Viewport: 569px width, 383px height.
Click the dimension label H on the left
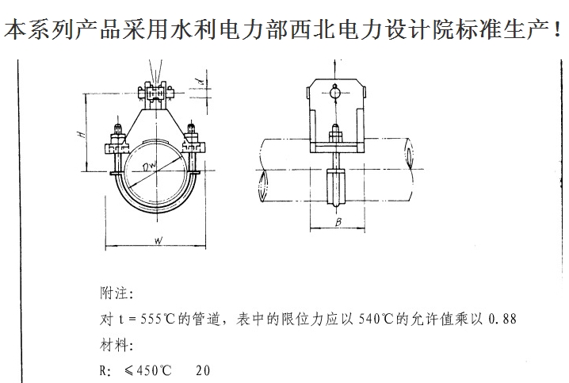pyautogui.click(x=82, y=134)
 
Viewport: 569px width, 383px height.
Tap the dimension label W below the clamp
pyautogui.click(x=158, y=240)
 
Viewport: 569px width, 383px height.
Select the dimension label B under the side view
pyautogui.click(x=338, y=222)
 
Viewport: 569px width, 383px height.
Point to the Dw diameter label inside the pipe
pyautogui.click(x=149, y=167)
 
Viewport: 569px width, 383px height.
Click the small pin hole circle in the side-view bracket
pyautogui.click(x=335, y=93)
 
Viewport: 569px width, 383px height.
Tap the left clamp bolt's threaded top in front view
pyautogui.click(x=118, y=129)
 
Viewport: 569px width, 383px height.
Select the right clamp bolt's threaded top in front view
pyautogui.click(x=191, y=129)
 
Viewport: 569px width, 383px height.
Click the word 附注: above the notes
pyautogui.click(x=116, y=293)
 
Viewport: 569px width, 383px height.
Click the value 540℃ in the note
pyautogui.click(x=376, y=319)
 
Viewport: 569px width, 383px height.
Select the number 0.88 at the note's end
pyautogui.click(x=502, y=319)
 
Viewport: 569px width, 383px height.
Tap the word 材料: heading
pyautogui.click(x=116, y=344)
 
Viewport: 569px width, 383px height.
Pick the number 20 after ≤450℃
pyautogui.click(x=203, y=370)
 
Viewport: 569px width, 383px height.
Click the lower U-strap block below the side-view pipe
pyautogui.click(x=336, y=186)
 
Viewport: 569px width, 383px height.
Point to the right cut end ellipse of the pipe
pyautogui.click(x=410, y=156)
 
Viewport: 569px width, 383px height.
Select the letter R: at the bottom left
pyautogui.click(x=105, y=370)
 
